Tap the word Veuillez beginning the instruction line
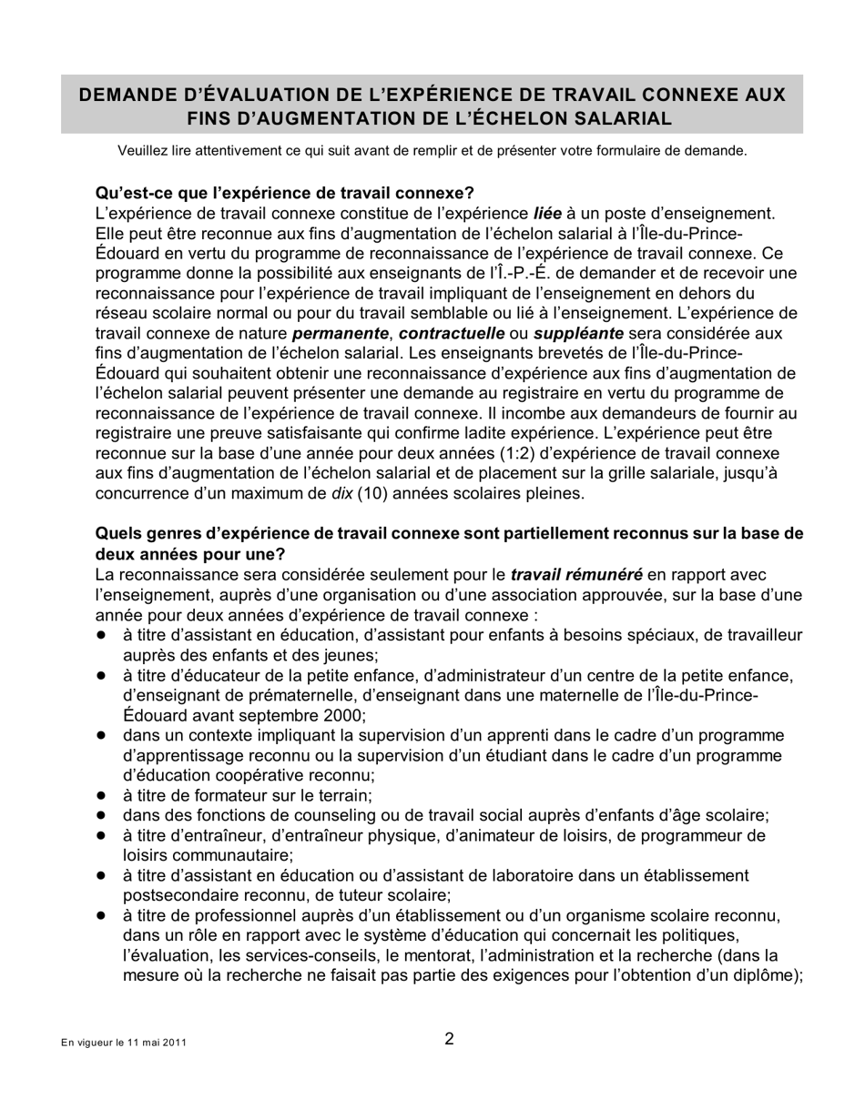(x=143, y=151)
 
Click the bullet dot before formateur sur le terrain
(x=102, y=795)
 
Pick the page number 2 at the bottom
(x=449, y=1039)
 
